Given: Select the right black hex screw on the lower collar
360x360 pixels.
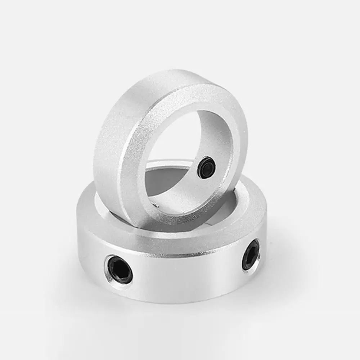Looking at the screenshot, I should tap(251, 255).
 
